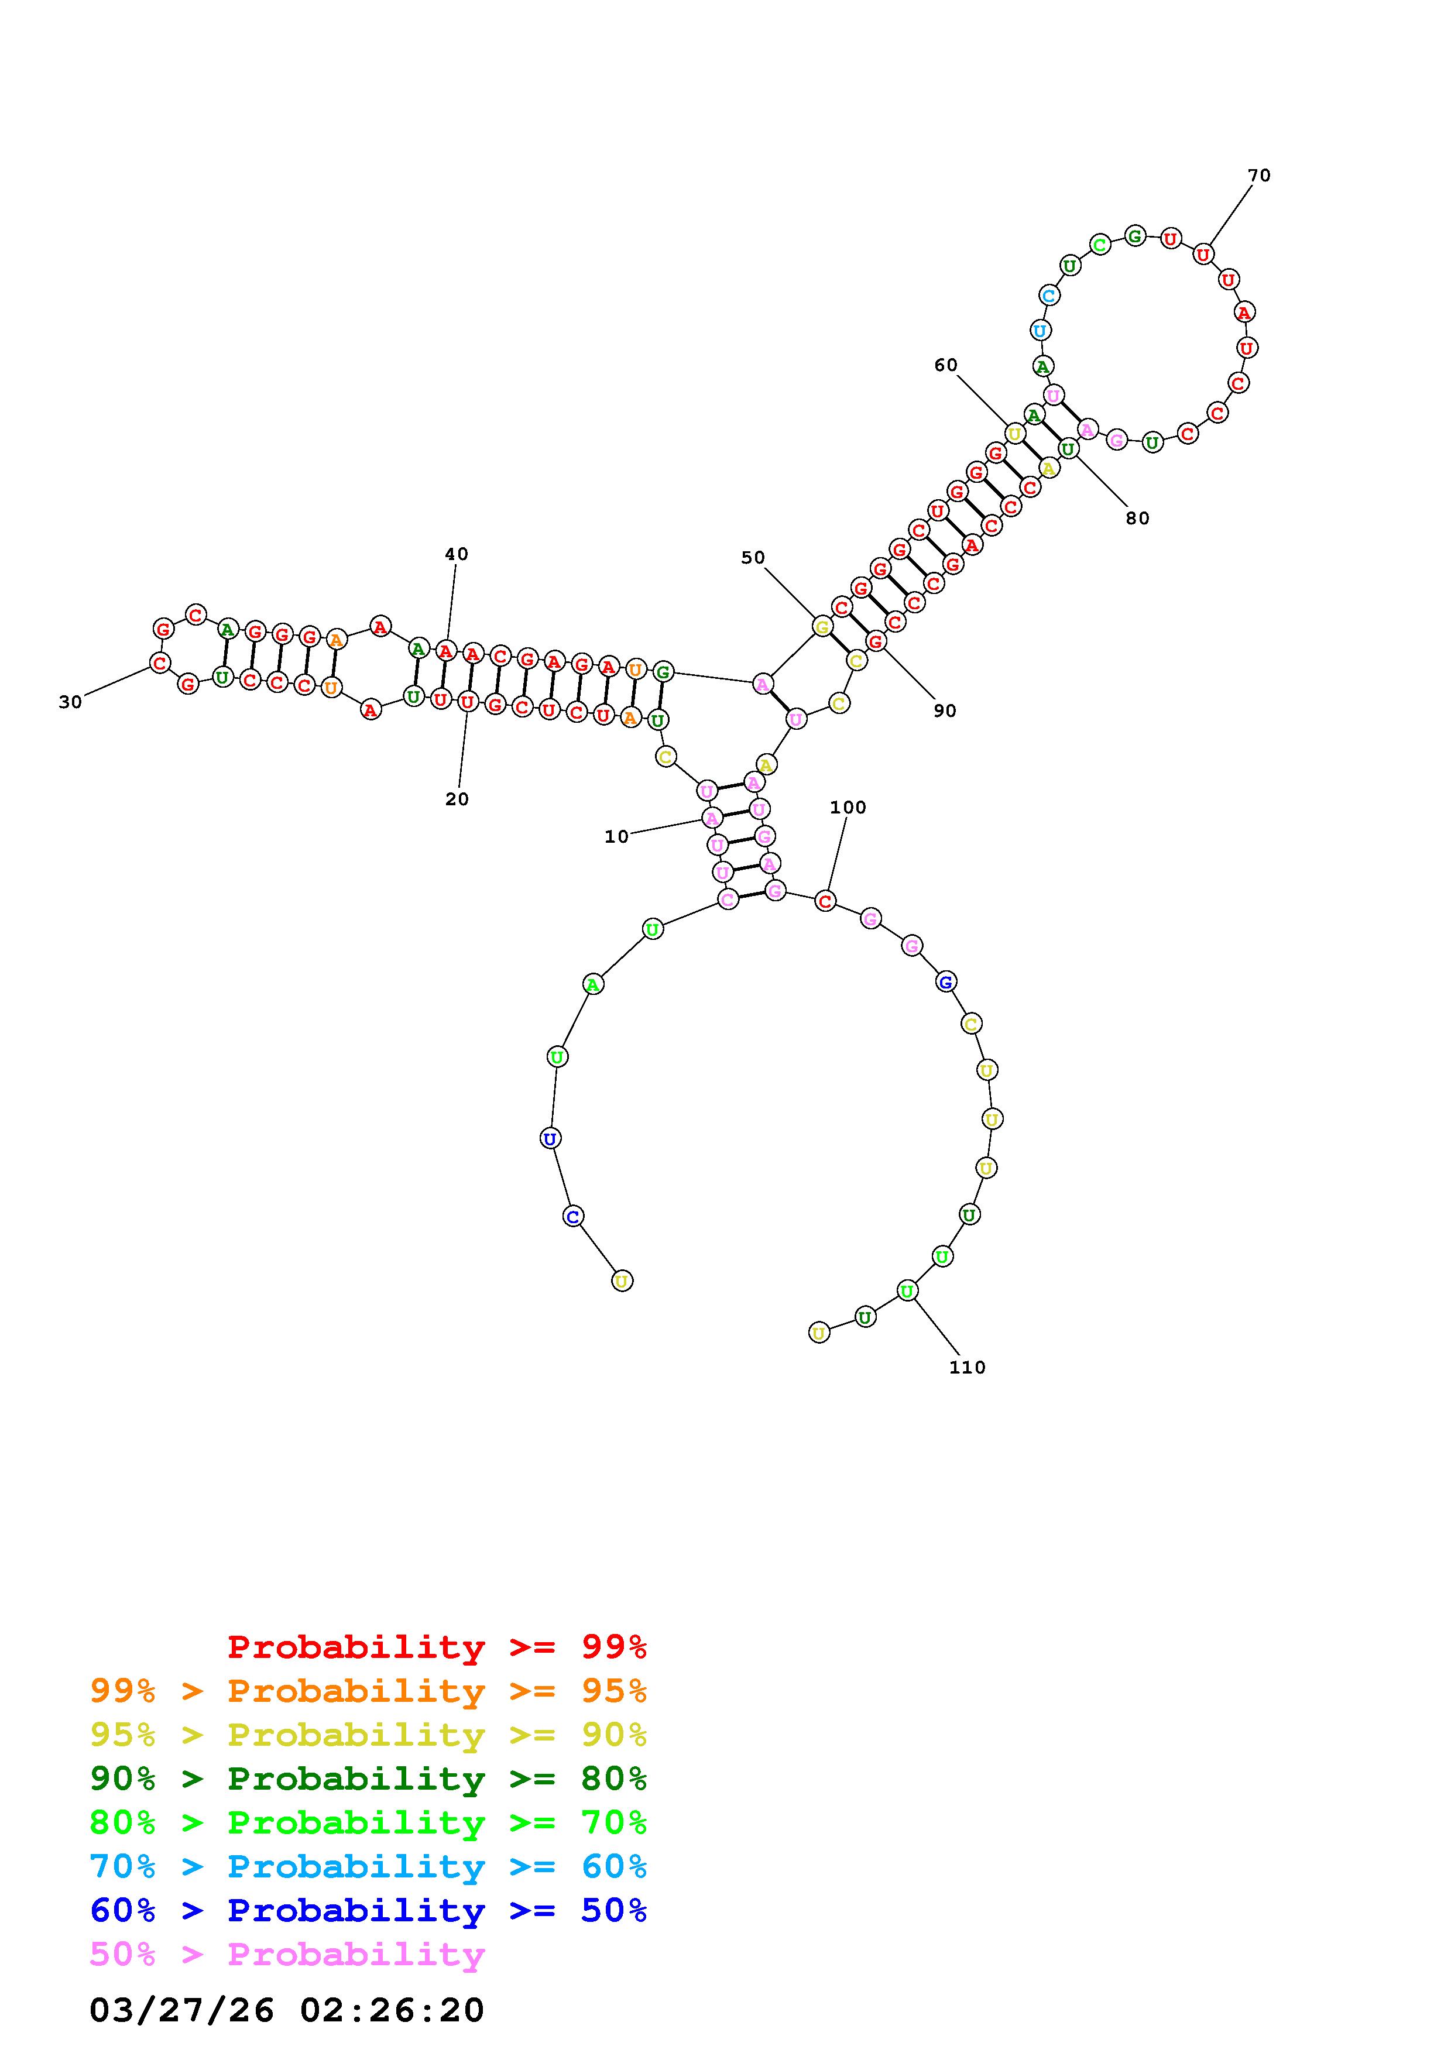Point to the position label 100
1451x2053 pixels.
[848, 808]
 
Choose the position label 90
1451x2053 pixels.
[944, 711]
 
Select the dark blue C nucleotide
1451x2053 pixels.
[573, 1216]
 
